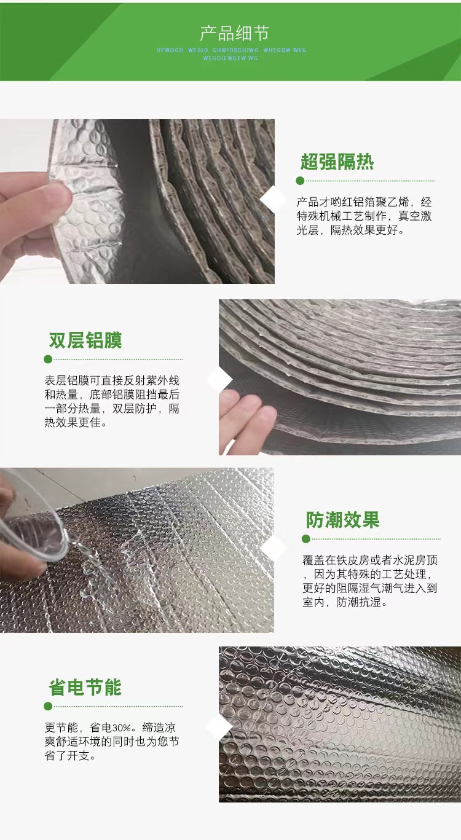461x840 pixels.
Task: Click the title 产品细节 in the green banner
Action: [x=234, y=33]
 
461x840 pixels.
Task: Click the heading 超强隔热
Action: [x=337, y=162]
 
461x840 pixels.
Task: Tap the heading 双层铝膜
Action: [x=85, y=340]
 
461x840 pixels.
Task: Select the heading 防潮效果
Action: [x=343, y=520]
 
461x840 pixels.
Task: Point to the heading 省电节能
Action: [x=85, y=688]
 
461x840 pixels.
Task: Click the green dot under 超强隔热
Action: [x=300, y=181]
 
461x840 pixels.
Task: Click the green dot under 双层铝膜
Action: [x=48, y=359]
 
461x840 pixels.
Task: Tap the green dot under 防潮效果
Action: [x=306, y=539]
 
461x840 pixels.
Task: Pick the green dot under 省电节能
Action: [x=48, y=707]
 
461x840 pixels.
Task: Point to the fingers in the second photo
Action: [x=246, y=418]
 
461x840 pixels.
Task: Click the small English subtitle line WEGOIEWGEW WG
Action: [x=230, y=58]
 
